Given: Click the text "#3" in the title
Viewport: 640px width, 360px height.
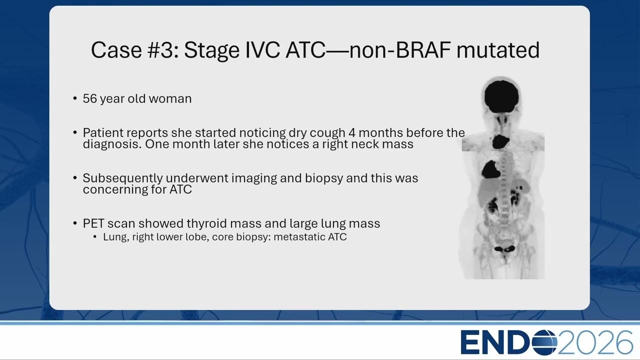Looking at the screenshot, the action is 163,50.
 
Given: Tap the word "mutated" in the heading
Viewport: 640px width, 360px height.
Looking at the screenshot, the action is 498,50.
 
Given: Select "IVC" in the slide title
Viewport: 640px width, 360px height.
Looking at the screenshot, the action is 262,50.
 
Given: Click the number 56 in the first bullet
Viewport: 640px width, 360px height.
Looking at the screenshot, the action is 90,99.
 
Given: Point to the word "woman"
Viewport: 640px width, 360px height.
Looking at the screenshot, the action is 170,99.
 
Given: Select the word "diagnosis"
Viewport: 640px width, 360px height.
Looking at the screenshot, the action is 112,144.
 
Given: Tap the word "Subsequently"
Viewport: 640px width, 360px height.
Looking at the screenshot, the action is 123,178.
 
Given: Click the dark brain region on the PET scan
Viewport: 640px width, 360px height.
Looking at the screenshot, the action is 501,96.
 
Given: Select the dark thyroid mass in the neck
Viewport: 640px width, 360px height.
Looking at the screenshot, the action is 500,141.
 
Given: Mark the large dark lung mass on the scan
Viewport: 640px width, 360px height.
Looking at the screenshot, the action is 490,169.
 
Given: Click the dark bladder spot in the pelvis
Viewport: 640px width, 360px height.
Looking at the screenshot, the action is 504,249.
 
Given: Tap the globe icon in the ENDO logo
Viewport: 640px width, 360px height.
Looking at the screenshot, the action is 543,342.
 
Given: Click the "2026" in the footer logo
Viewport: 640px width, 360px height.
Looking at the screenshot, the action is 595,342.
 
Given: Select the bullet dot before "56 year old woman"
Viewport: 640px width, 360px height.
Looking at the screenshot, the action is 75,98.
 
